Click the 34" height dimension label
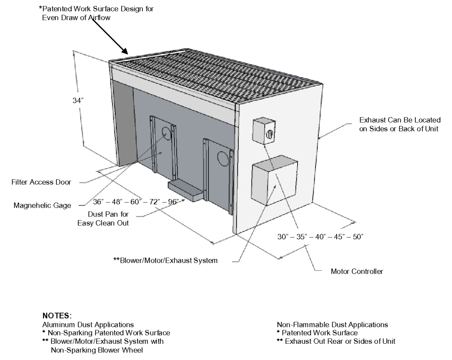pyautogui.click(x=78, y=101)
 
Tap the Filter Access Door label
pyautogui.click(x=41, y=182)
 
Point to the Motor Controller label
pyautogui.click(x=357, y=271)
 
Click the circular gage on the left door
pyautogui.click(x=166, y=132)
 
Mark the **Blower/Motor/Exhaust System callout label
pyautogui.click(x=165, y=260)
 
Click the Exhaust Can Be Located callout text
pyautogui.click(x=399, y=124)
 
